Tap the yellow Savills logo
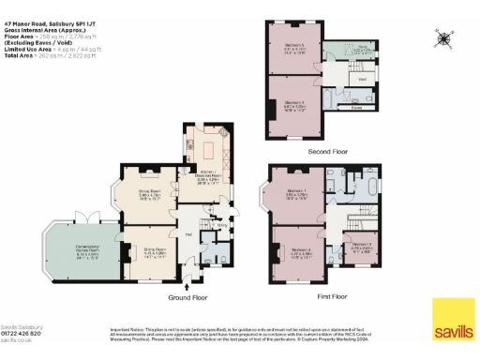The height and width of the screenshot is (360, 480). pyautogui.click(x=451, y=320)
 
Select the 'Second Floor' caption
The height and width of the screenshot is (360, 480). pyautogui.click(x=327, y=150)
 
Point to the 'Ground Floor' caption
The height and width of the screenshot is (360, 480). pyautogui.click(x=187, y=297)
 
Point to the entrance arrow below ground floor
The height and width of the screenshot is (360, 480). pyautogui.click(x=190, y=286)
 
